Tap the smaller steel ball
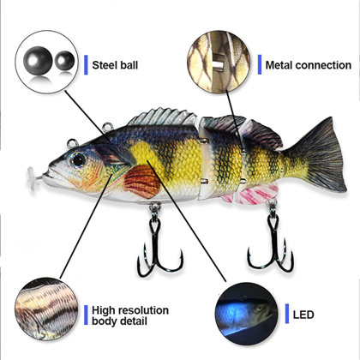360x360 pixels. coord(64,60)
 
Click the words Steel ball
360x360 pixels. coord(115,65)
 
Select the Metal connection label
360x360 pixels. coord(309,65)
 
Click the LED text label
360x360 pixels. coord(303,315)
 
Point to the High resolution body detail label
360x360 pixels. coord(130,315)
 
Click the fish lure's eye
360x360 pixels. coord(78,159)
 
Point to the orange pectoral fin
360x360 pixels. coord(142,182)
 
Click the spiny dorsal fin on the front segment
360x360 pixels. coord(162,117)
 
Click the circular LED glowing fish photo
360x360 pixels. coord(246,314)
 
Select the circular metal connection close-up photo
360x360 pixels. coord(219,62)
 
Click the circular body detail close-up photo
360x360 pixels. coord(46,309)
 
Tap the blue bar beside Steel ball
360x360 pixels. coord(86,65)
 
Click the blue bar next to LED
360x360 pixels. coord(287,314)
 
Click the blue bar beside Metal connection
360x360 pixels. coord(260,64)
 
